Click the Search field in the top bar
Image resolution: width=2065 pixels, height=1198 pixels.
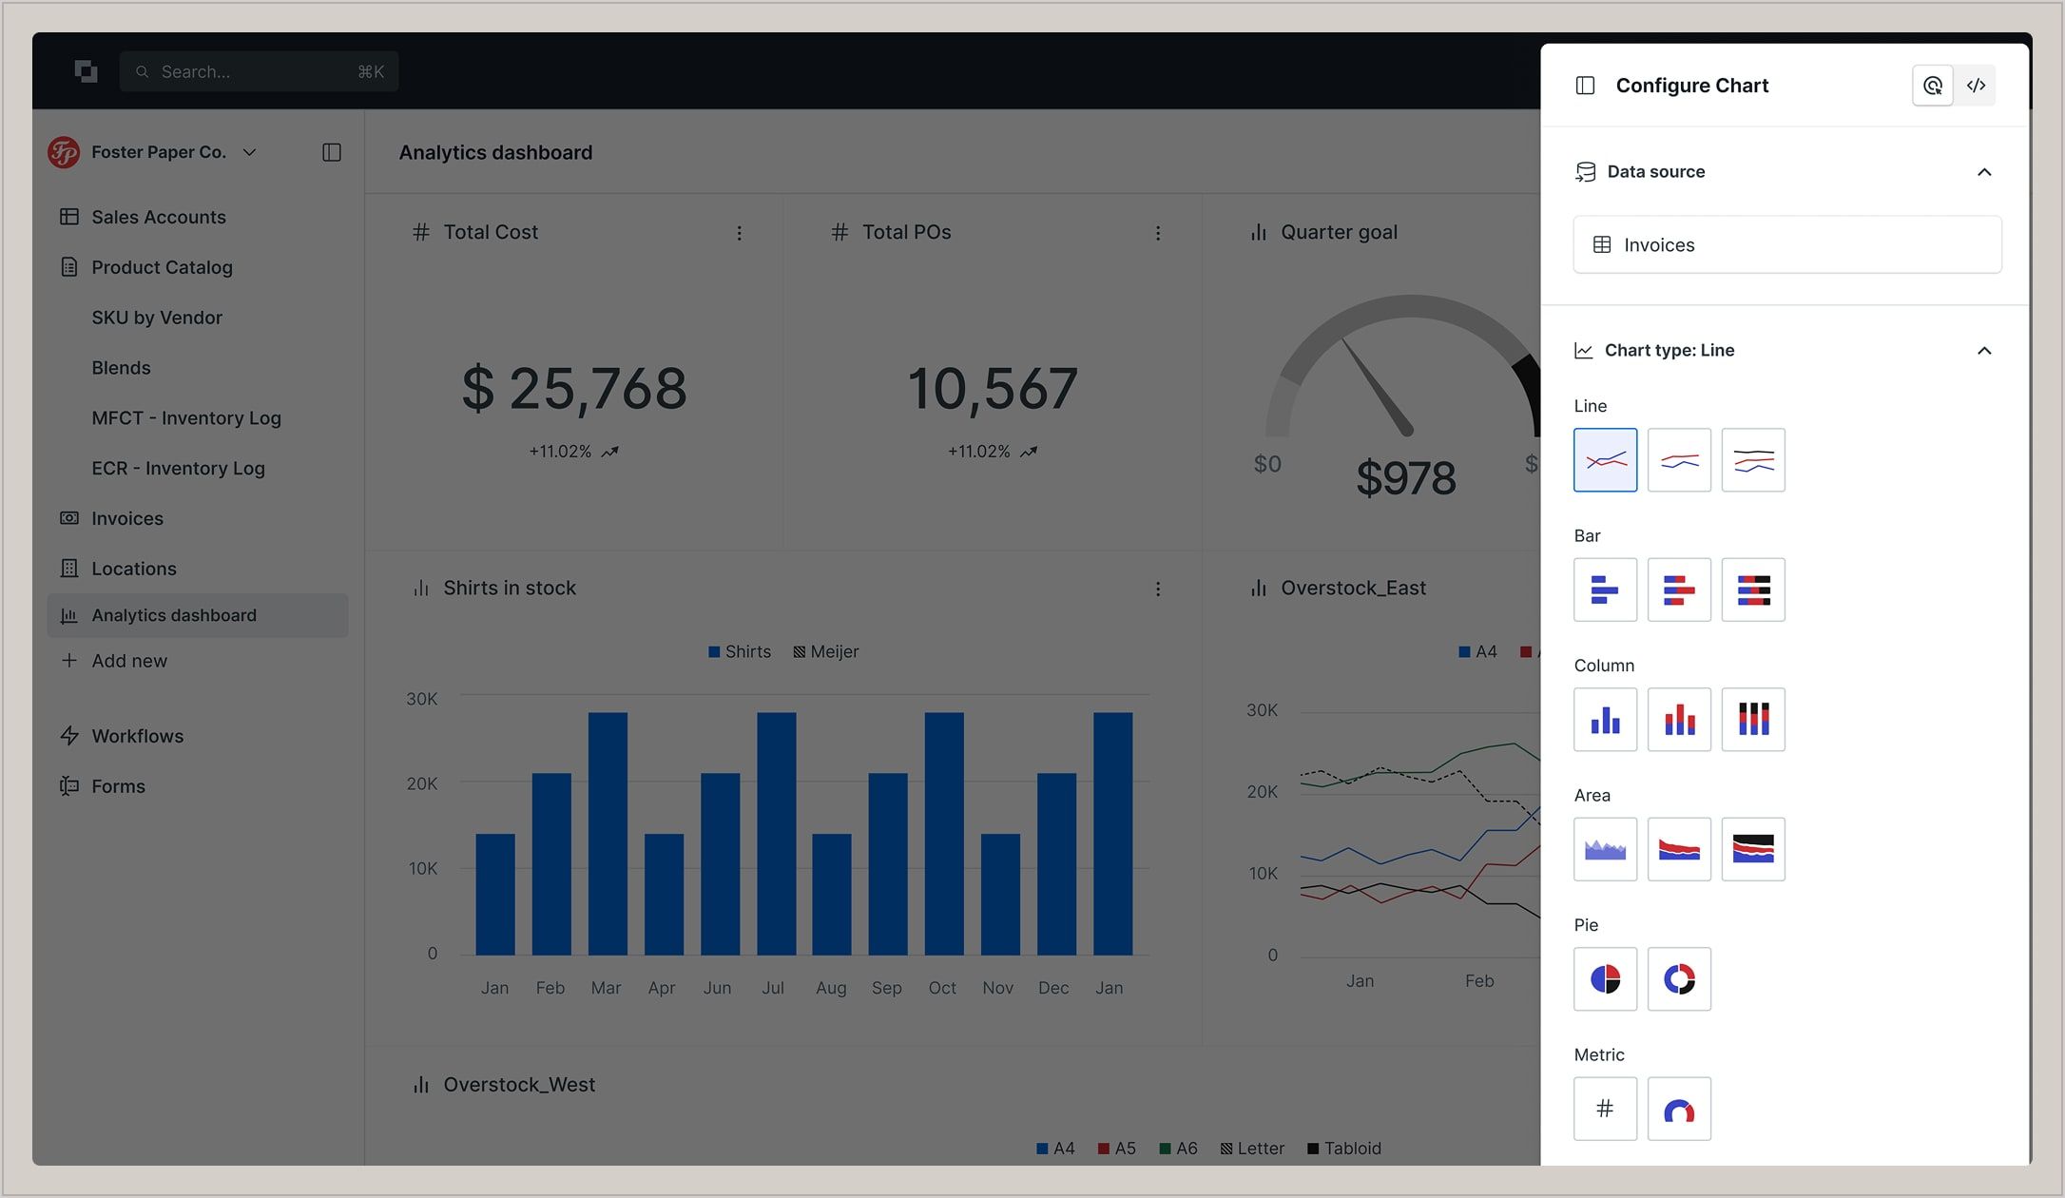(x=258, y=71)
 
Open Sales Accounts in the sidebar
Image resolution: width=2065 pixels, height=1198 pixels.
(x=158, y=217)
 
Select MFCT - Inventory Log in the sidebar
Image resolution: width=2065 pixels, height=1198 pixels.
(x=185, y=418)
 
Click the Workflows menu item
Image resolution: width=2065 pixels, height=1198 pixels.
(x=137, y=736)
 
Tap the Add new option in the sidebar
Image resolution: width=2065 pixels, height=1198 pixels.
(x=128, y=661)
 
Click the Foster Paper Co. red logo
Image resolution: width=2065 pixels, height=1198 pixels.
(x=64, y=152)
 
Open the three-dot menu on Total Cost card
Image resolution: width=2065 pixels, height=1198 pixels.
(x=739, y=233)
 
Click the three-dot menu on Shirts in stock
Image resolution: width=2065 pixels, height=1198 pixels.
(x=1157, y=589)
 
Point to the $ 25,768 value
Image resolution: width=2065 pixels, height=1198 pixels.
(x=573, y=389)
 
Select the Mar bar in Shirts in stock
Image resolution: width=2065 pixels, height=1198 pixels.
(x=608, y=833)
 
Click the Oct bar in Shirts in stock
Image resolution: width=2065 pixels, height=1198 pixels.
(x=943, y=833)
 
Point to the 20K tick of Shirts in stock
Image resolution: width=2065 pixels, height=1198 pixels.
(x=422, y=783)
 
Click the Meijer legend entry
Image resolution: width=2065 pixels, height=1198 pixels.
(x=825, y=652)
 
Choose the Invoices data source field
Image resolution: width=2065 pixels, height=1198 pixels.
(x=1786, y=245)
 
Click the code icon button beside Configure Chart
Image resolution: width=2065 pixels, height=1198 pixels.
(x=1976, y=86)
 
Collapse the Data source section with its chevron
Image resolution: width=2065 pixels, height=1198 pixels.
(x=1983, y=172)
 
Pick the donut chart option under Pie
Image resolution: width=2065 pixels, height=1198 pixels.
(x=1679, y=978)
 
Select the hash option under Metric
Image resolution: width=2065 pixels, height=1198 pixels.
(x=1605, y=1109)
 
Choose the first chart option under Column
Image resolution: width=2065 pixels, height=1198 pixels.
(x=1605, y=720)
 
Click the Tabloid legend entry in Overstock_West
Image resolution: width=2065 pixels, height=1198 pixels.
(x=1343, y=1149)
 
